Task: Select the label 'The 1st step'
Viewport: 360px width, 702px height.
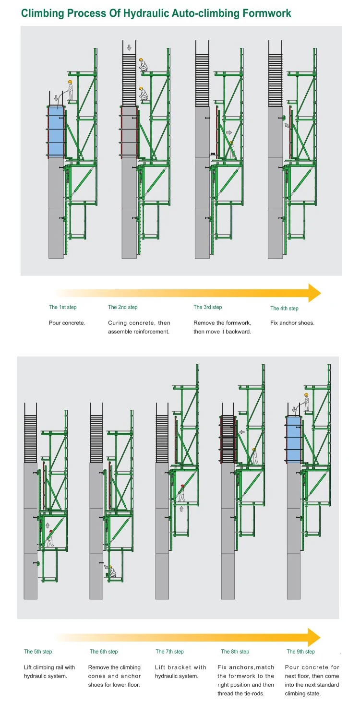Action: pos(62,307)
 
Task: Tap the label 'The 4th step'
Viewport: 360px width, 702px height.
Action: pos(284,309)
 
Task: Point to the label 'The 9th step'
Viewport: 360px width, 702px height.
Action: pos(300,652)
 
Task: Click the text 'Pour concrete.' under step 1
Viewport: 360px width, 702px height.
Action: pos(67,323)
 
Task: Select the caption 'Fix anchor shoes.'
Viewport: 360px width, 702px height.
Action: pos(292,323)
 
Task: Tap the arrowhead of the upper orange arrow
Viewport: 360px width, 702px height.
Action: pos(314,293)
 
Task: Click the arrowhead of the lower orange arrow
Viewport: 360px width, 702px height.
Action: pos(314,637)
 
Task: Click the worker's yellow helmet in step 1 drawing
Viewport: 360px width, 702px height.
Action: pos(70,82)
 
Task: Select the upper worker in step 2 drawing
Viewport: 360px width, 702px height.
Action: pos(143,65)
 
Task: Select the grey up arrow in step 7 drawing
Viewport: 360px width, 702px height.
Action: pos(181,509)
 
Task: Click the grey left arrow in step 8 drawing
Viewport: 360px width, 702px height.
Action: pos(242,432)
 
